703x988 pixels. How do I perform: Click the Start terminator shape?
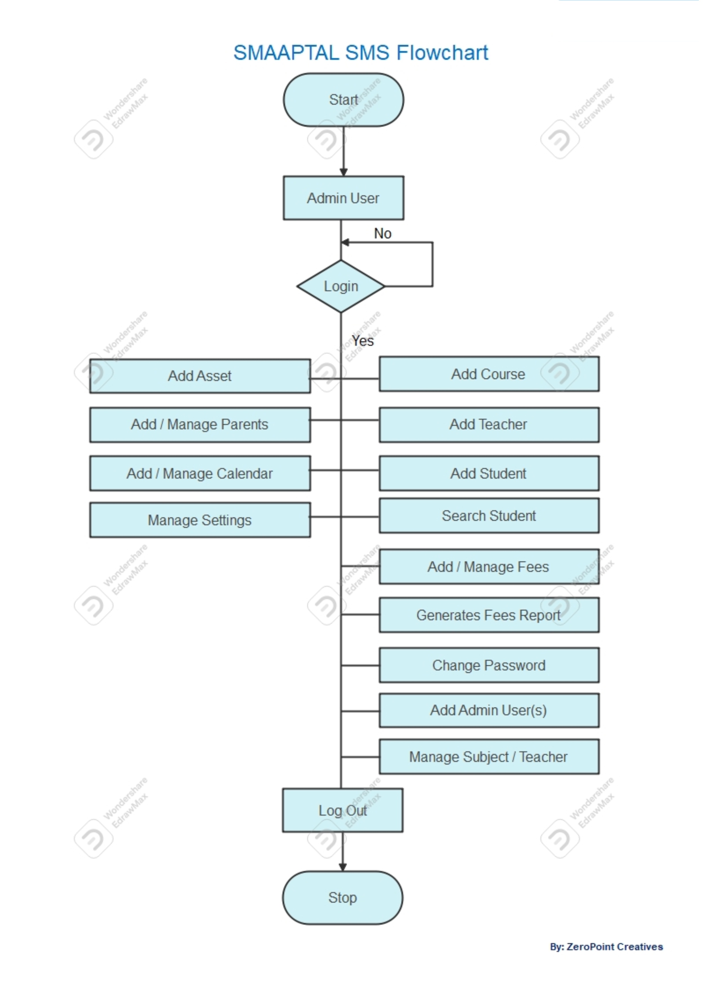point(343,100)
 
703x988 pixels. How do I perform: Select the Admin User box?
point(343,198)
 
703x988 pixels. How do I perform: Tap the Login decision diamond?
point(341,286)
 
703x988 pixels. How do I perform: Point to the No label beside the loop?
point(383,234)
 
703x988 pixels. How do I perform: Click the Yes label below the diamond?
point(363,341)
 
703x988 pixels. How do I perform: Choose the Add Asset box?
point(200,376)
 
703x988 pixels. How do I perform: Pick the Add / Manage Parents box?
point(200,424)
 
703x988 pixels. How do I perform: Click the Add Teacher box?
point(489,424)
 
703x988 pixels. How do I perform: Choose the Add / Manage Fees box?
point(489,567)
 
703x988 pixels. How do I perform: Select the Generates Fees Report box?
point(489,615)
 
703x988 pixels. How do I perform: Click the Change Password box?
point(489,665)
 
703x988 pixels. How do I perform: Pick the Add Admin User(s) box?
point(489,710)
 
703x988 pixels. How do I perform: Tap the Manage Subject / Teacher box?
point(489,757)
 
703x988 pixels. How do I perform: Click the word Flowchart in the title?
point(442,53)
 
